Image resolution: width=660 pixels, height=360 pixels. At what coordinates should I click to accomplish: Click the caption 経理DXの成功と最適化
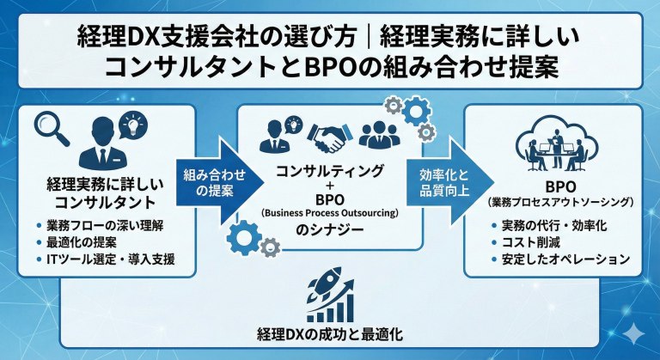(330, 333)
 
